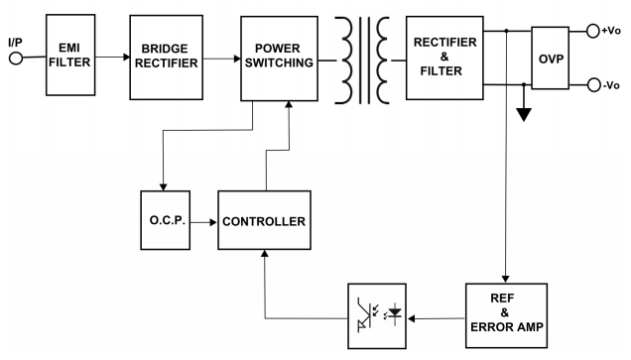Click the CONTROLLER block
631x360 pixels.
tap(262, 220)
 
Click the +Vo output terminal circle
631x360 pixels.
tap(592, 31)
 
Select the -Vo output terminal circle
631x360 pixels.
tap(592, 84)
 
